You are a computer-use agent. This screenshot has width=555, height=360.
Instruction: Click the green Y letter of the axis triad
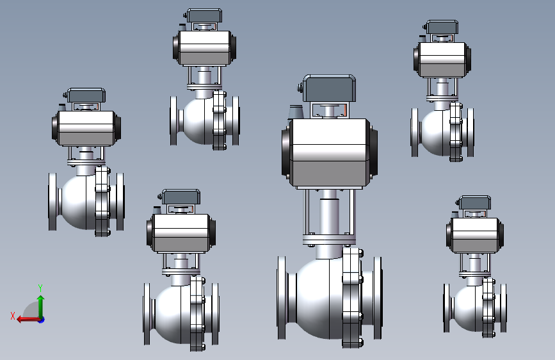pos(40,288)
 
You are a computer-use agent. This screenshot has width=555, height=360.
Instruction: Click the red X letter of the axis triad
pos(13,316)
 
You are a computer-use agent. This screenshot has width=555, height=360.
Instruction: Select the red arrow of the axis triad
pos(28,320)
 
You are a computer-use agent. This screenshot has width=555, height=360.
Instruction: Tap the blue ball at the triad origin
pos(42,320)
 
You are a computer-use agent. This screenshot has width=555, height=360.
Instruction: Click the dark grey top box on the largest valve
pos(329,88)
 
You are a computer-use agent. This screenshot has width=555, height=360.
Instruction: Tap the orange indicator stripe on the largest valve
pos(345,110)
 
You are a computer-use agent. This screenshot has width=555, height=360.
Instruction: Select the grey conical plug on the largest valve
pos(296,112)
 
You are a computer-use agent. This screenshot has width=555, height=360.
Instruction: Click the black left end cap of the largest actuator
pos(286,152)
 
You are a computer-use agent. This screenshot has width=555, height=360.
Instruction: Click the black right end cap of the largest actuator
pos(373,152)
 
